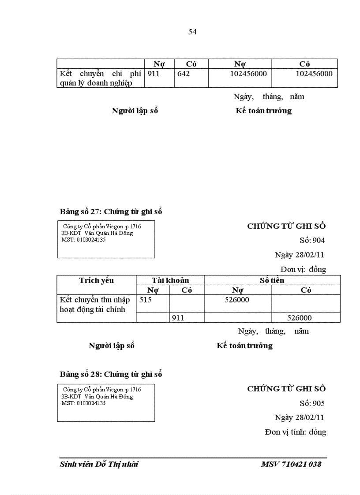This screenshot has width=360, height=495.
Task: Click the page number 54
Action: [192, 32]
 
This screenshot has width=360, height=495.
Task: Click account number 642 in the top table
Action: [184, 74]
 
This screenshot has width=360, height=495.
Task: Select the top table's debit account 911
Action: [153, 74]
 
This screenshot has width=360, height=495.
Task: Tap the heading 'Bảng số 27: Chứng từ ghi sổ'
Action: [111, 212]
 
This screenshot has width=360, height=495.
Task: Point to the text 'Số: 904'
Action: [312, 240]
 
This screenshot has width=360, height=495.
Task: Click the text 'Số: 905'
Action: [312, 403]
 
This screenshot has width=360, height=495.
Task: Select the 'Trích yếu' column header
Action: [96, 280]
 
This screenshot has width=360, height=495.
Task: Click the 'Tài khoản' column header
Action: [170, 280]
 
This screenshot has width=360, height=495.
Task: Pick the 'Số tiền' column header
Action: [272, 280]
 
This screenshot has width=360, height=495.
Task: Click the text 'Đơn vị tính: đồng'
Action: [296, 432]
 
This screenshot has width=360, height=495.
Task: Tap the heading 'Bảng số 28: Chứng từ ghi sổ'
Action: [111, 374]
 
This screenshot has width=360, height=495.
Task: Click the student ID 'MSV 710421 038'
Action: [291, 464]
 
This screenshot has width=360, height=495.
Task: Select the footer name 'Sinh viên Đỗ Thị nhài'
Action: [99, 464]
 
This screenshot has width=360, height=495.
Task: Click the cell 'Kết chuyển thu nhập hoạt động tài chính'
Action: [95, 305]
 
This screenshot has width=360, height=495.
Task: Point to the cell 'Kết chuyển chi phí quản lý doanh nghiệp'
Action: [100, 78]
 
